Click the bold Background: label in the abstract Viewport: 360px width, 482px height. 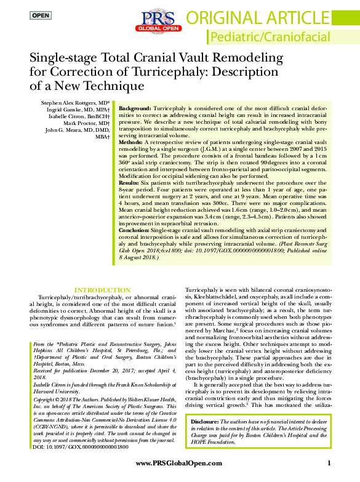point(135,108)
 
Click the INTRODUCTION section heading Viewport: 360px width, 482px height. point(102,290)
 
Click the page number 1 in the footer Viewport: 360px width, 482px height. point(329,464)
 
